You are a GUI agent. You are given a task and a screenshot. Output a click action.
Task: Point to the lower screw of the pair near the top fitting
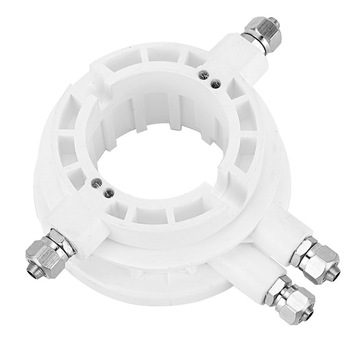216,83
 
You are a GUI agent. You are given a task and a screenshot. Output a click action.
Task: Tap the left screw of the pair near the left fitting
95,182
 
